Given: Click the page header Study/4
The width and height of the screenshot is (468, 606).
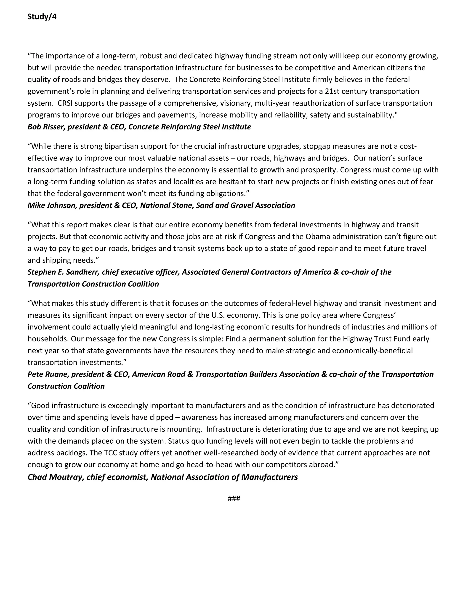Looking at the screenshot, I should (x=42, y=17).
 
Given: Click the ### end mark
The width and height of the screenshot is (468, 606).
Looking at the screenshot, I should (x=234, y=499).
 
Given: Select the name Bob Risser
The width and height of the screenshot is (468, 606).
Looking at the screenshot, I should (x=46, y=127).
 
